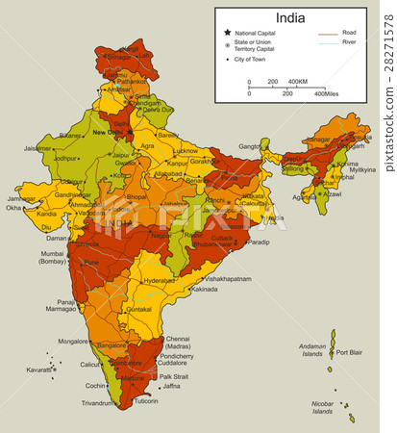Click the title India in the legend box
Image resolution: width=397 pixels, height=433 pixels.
click(291, 17)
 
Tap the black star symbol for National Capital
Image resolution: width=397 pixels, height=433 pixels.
click(228, 33)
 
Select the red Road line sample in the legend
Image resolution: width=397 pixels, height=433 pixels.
click(328, 33)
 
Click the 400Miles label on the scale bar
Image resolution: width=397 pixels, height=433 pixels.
click(325, 93)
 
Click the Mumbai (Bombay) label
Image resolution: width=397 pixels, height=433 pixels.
click(53, 257)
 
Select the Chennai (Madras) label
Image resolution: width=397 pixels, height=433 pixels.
click(178, 343)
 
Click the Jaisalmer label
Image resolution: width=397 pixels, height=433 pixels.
click(37, 148)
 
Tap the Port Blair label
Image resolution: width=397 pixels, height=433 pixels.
click(348, 353)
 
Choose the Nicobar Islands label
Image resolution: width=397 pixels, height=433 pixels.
click(322, 406)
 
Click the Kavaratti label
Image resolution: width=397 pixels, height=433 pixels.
click(37, 369)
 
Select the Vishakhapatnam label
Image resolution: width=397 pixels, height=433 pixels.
click(227, 278)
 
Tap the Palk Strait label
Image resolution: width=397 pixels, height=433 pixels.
click(173, 376)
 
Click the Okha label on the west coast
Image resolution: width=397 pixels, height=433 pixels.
click(13, 207)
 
